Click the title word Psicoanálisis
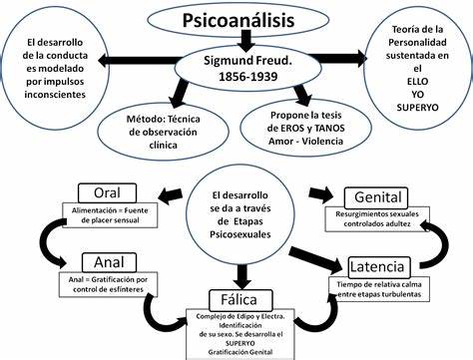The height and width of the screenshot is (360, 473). pyautogui.click(x=238, y=20)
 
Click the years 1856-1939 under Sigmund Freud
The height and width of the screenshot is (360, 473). pyautogui.click(x=247, y=77)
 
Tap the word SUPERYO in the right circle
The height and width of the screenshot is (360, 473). pyautogui.click(x=417, y=108)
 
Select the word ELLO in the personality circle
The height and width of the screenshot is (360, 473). pyautogui.click(x=417, y=82)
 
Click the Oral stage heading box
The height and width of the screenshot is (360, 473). pyautogui.click(x=107, y=193)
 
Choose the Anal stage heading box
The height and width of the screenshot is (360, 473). pyautogui.click(x=109, y=262)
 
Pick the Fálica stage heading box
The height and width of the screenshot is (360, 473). pyautogui.click(x=240, y=300)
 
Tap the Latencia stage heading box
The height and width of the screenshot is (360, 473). pyautogui.click(x=379, y=267)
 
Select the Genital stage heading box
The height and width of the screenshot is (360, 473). pyautogui.click(x=378, y=197)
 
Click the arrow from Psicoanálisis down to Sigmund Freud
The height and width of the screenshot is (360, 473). pyautogui.click(x=245, y=41)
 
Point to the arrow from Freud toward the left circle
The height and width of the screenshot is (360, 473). pyautogui.click(x=140, y=60)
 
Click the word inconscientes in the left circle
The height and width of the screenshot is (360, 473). pyautogui.click(x=55, y=95)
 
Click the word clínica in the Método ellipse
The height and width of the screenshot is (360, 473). pyautogui.click(x=163, y=146)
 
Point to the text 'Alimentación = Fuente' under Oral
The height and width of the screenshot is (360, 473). pyautogui.click(x=110, y=210)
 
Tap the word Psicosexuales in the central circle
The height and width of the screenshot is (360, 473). pyautogui.click(x=240, y=234)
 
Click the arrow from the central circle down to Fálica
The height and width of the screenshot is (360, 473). pyautogui.click(x=242, y=276)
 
